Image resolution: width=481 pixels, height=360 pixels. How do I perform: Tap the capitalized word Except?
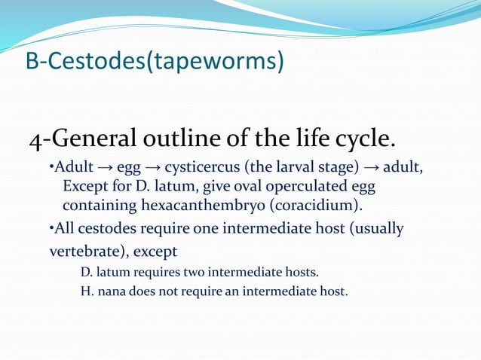pos(86,185)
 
